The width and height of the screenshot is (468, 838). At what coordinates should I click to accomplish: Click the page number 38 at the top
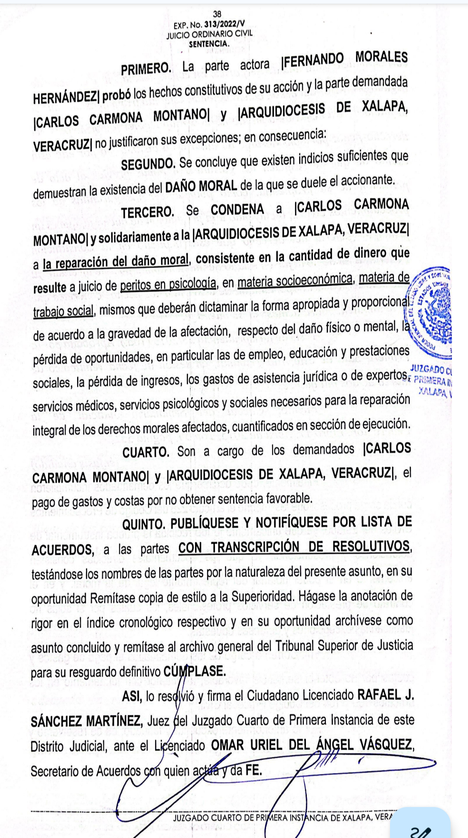217,14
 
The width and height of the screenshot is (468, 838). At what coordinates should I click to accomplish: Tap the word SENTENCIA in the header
209,44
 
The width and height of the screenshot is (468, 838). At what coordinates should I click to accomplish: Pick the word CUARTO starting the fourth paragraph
146,452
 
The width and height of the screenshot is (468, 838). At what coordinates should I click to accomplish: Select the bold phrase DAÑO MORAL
201,186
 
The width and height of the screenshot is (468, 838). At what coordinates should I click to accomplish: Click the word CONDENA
237,210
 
